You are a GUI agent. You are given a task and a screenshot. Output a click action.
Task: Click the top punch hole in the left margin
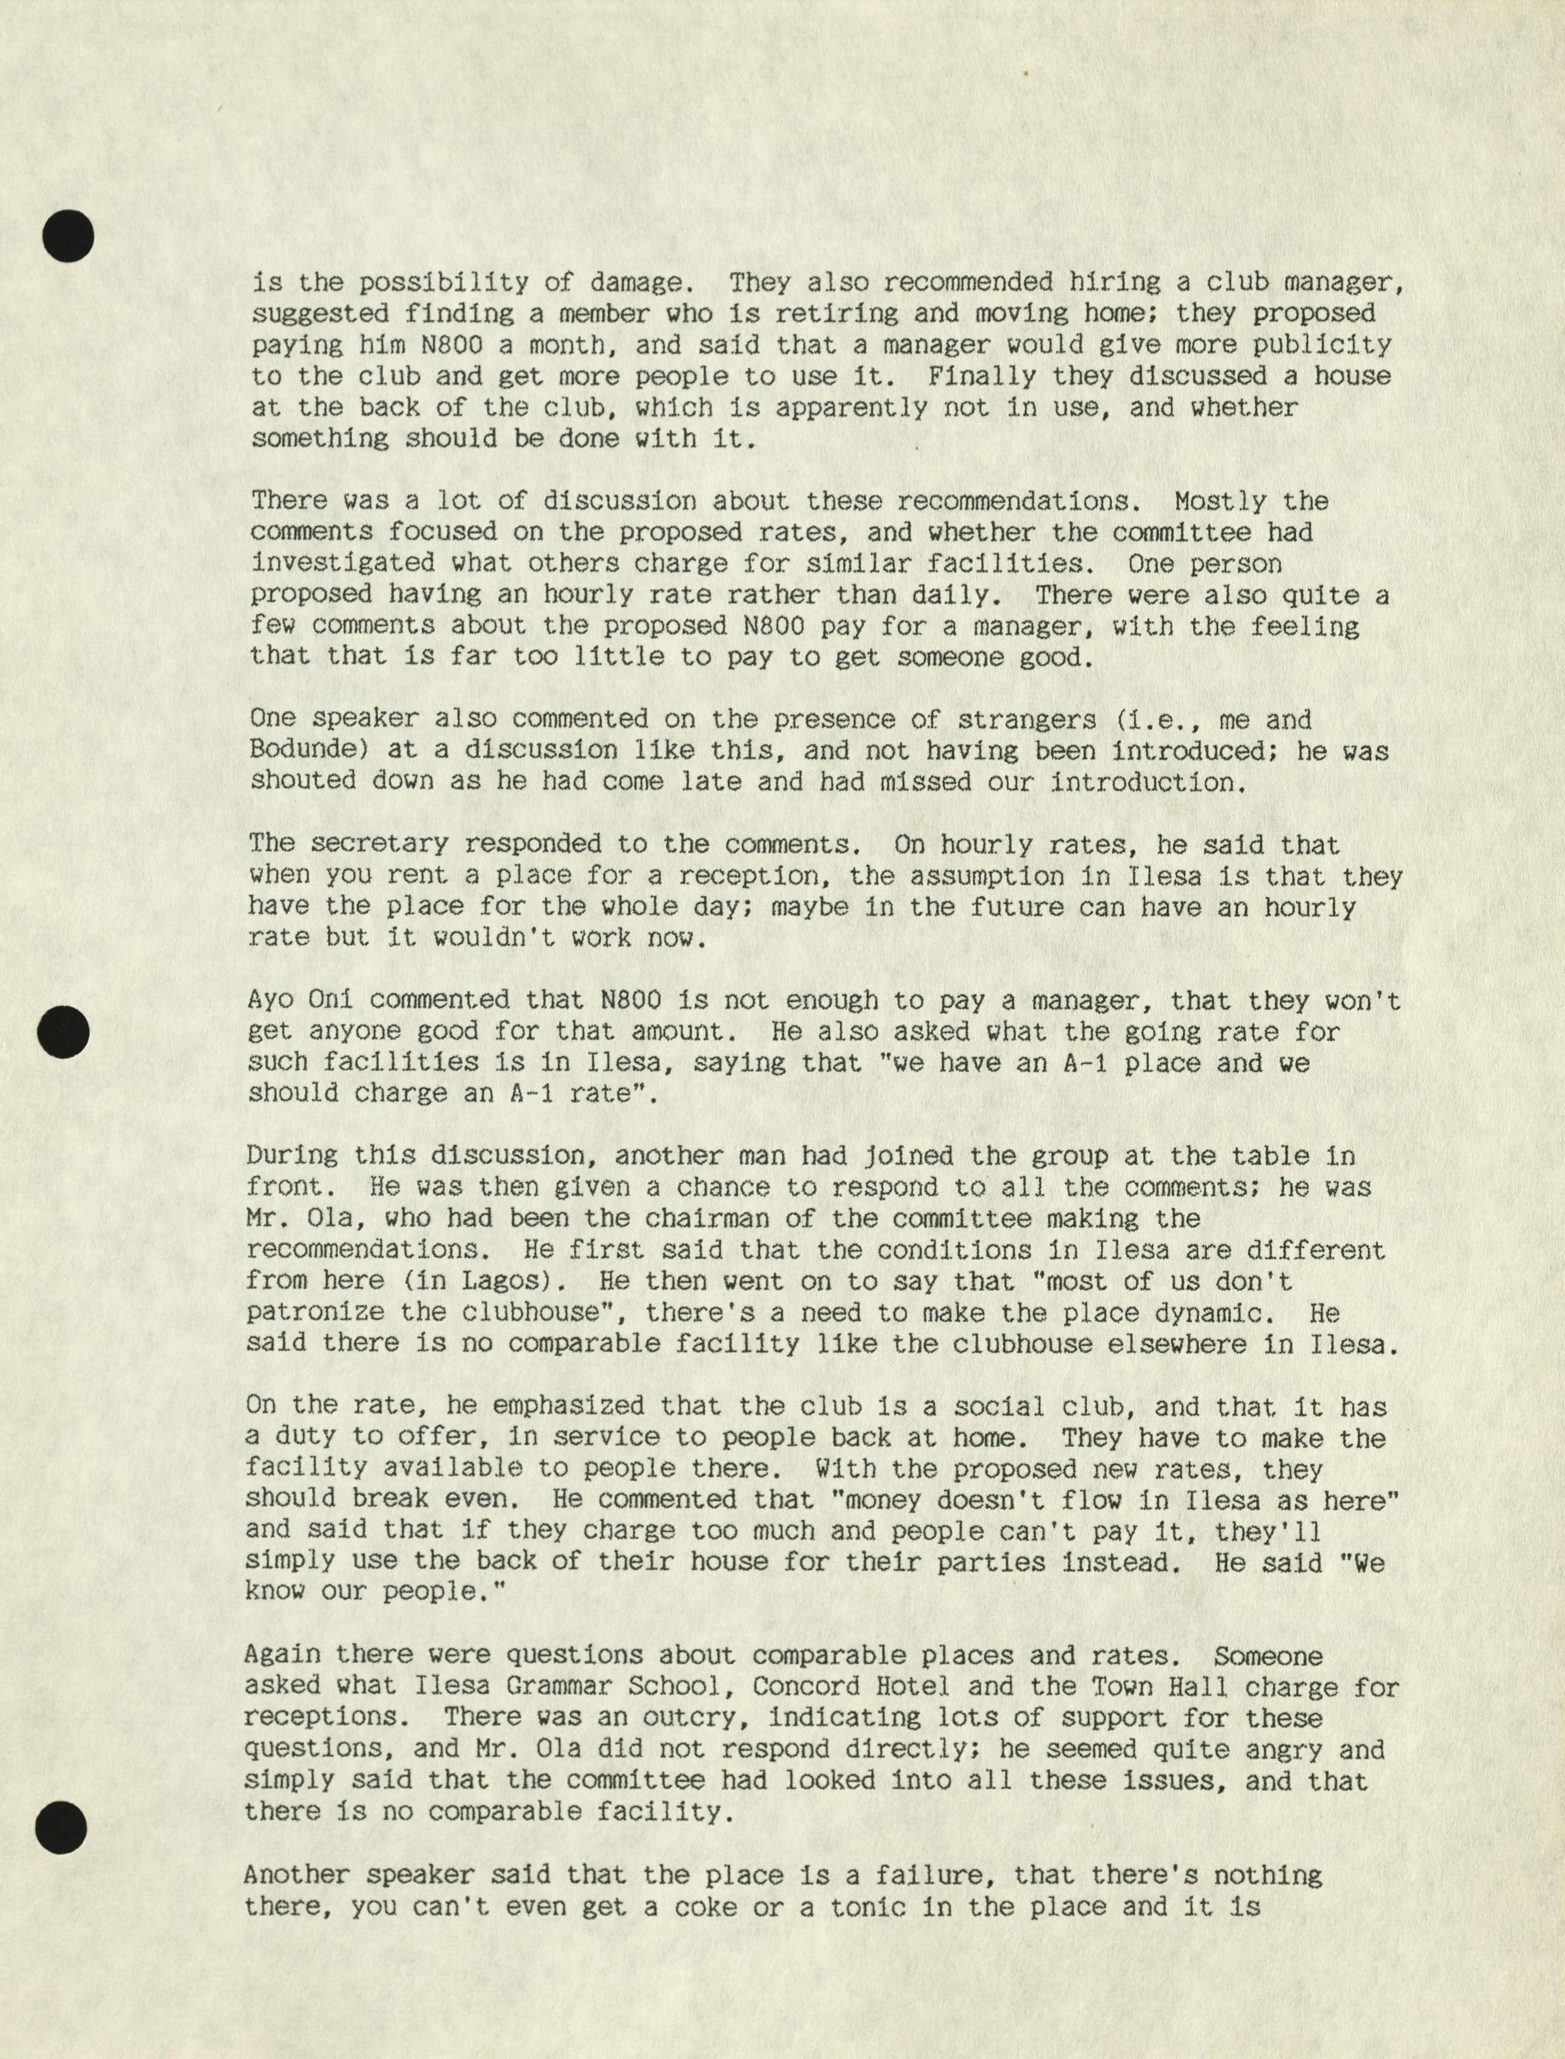click(68, 235)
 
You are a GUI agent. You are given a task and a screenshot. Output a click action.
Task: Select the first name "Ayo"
click(271, 1000)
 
